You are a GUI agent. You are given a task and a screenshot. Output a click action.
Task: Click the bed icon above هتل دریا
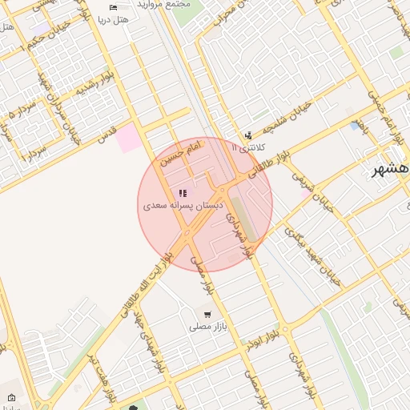coord(113,7)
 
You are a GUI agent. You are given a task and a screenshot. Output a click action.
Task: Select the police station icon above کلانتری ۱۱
coord(248,135)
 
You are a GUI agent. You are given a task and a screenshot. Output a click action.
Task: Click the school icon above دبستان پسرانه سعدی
coord(183,193)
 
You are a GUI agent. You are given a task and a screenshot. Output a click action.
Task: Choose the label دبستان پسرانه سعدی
coord(183,206)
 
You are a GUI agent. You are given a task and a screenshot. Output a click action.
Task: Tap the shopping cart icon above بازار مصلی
coord(207,315)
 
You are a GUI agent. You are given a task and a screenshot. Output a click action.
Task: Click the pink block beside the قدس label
coord(128,139)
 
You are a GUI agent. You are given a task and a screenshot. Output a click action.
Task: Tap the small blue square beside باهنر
coord(354,126)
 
